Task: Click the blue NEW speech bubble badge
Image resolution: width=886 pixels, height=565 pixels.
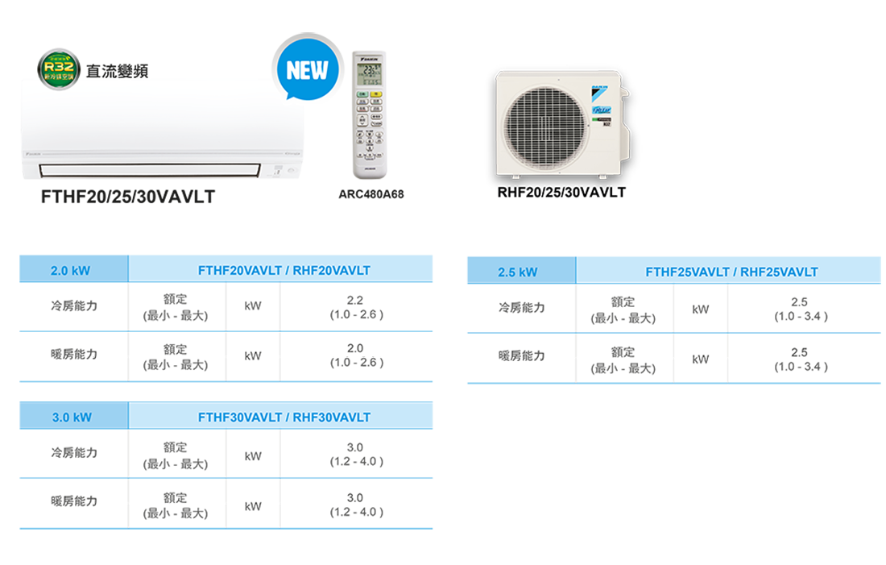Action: pos(307,71)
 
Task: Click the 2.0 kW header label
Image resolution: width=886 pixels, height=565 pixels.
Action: pos(70,271)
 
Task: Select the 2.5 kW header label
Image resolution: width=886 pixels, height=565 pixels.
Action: pos(517,272)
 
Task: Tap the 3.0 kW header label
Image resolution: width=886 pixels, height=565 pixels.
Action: pos(72,418)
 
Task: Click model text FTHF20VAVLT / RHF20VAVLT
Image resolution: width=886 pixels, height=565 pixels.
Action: pos(284,271)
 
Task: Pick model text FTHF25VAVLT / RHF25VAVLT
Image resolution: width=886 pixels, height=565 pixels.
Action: pos(731,272)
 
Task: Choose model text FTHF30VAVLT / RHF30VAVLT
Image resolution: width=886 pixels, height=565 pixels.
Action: pos(284,418)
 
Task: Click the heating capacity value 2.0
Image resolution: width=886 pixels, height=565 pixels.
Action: pos(355,349)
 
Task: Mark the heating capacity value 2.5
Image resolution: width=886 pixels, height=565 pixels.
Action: pos(799,353)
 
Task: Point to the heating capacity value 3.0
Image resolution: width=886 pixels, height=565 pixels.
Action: pos(355,498)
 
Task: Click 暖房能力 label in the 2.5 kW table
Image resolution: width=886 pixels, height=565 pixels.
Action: pos(521,355)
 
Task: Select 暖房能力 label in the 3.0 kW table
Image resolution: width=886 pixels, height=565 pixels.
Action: pos(73,501)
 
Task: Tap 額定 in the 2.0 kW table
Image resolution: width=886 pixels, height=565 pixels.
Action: pos(174,349)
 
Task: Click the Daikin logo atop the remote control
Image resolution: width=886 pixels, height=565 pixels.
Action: pos(371,59)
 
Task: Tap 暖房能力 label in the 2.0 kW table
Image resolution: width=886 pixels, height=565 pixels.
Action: pos(73,353)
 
